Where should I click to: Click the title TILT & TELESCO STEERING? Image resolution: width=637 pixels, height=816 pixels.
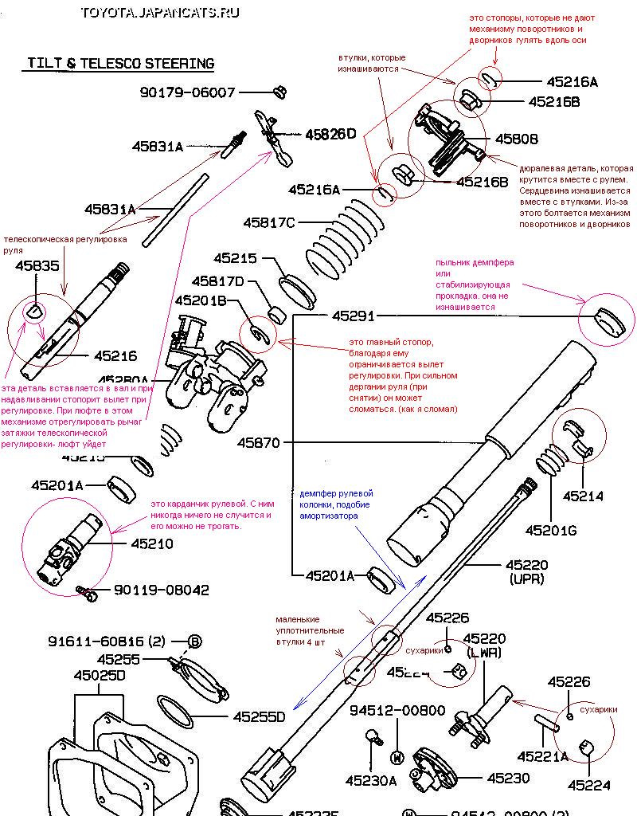120,63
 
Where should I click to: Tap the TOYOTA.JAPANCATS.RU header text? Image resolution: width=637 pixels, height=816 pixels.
159,13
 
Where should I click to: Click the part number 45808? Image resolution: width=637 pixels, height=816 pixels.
516,139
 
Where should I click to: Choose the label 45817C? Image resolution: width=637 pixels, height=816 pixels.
269,222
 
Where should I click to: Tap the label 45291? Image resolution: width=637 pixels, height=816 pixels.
353,316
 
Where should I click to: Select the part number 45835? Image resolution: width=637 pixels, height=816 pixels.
37,266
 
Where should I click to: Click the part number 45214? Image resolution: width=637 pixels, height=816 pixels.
583,496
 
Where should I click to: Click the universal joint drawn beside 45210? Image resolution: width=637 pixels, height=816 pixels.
71,547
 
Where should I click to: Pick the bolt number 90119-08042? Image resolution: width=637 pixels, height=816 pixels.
162,590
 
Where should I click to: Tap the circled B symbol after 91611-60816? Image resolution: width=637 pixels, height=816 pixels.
195,641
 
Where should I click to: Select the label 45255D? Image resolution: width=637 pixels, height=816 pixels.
259,717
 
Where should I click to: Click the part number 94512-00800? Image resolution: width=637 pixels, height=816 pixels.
397,710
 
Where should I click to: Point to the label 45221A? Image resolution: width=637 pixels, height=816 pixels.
542,755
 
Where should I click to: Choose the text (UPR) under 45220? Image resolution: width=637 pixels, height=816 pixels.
526,579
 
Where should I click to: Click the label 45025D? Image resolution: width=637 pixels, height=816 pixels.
100,676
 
